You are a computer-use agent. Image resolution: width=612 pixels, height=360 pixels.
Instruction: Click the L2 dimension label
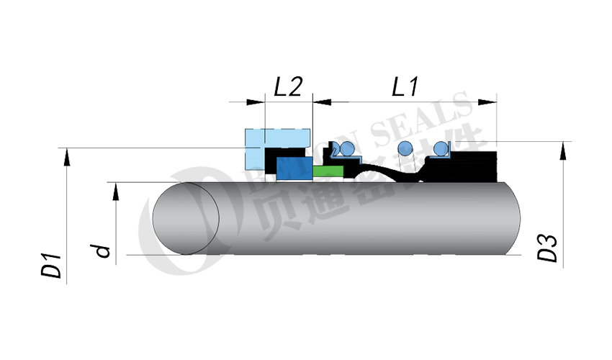288,87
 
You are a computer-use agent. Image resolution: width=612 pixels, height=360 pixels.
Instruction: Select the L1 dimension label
405,87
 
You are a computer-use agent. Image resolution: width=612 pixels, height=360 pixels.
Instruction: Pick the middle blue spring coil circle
405,149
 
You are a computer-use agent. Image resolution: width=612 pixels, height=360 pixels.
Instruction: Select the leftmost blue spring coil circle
346,149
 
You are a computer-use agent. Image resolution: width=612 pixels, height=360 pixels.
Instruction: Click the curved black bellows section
392,173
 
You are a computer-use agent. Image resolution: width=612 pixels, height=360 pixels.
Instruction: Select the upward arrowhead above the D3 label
562,148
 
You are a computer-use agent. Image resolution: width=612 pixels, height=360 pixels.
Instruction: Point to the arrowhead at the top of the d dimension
114,189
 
